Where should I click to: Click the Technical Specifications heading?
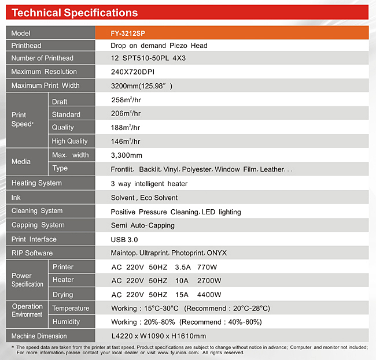(x=75, y=13)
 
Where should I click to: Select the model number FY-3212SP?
(x=128, y=34)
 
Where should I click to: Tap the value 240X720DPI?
(x=132, y=72)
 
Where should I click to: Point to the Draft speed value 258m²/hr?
(x=126, y=99)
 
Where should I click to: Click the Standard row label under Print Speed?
(x=66, y=114)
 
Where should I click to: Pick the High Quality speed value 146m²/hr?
(x=126, y=142)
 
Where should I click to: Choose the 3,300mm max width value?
(x=126, y=155)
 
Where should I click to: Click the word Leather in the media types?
(x=272, y=169)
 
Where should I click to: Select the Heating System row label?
(x=36, y=183)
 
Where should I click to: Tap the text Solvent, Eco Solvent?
(x=144, y=198)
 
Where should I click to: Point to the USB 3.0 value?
(x=124, y=240)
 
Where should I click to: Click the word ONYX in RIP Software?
(x=216, y=253)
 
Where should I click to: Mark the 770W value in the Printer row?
(x=207, y=267)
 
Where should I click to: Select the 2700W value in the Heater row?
(x=209, y=280)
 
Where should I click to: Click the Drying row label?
(x=63, y=295)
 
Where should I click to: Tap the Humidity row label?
(x=66, y=322)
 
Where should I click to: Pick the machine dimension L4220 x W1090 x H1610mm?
(x=158, y=336)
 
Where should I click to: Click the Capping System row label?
(x=38, y=225)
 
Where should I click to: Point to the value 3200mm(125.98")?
(x=142, y=86)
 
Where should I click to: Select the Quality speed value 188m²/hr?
(x=126, y=128)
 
